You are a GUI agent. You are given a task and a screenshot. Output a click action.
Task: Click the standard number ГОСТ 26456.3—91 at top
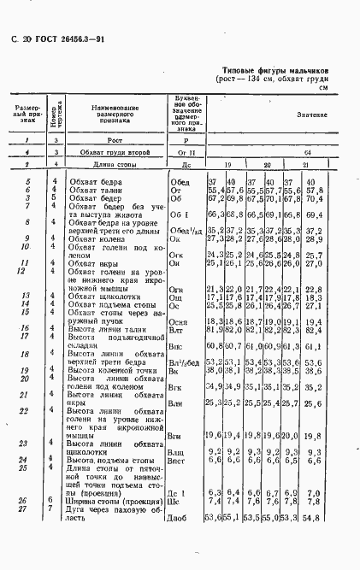coord(61,39)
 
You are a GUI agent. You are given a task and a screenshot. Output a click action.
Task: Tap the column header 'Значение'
coord(312,114)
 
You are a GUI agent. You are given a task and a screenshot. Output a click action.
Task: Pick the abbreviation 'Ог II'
coord(186,151)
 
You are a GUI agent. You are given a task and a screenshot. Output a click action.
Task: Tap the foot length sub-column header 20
coord(266,165)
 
